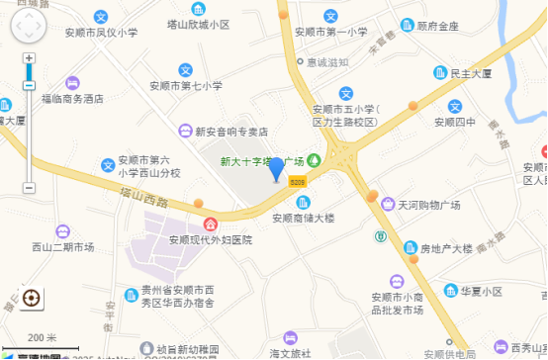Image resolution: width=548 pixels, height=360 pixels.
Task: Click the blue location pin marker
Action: click(276, 169)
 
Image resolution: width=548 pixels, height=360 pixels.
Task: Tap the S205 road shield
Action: click(298, 181)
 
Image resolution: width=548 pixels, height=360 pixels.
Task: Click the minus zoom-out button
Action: click(29, 188)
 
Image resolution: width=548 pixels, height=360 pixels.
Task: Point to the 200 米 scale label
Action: click(42, 337)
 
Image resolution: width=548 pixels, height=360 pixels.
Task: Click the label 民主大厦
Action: click(471, 73)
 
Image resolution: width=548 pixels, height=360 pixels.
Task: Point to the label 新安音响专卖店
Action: click(231, 131)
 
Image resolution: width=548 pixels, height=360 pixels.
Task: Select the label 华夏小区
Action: click(481, 292)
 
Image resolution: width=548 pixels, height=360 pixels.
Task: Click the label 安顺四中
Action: click(455, 123)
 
